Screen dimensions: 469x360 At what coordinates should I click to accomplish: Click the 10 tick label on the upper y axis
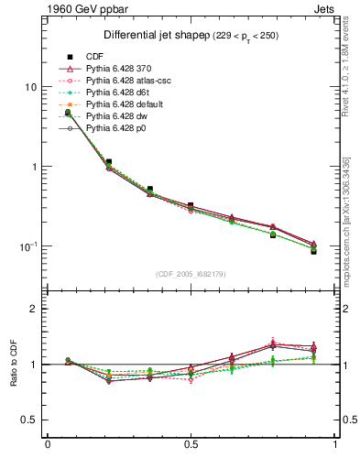(x=30, y=87)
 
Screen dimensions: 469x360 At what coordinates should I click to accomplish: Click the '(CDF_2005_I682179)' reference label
(x=191, y=273)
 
